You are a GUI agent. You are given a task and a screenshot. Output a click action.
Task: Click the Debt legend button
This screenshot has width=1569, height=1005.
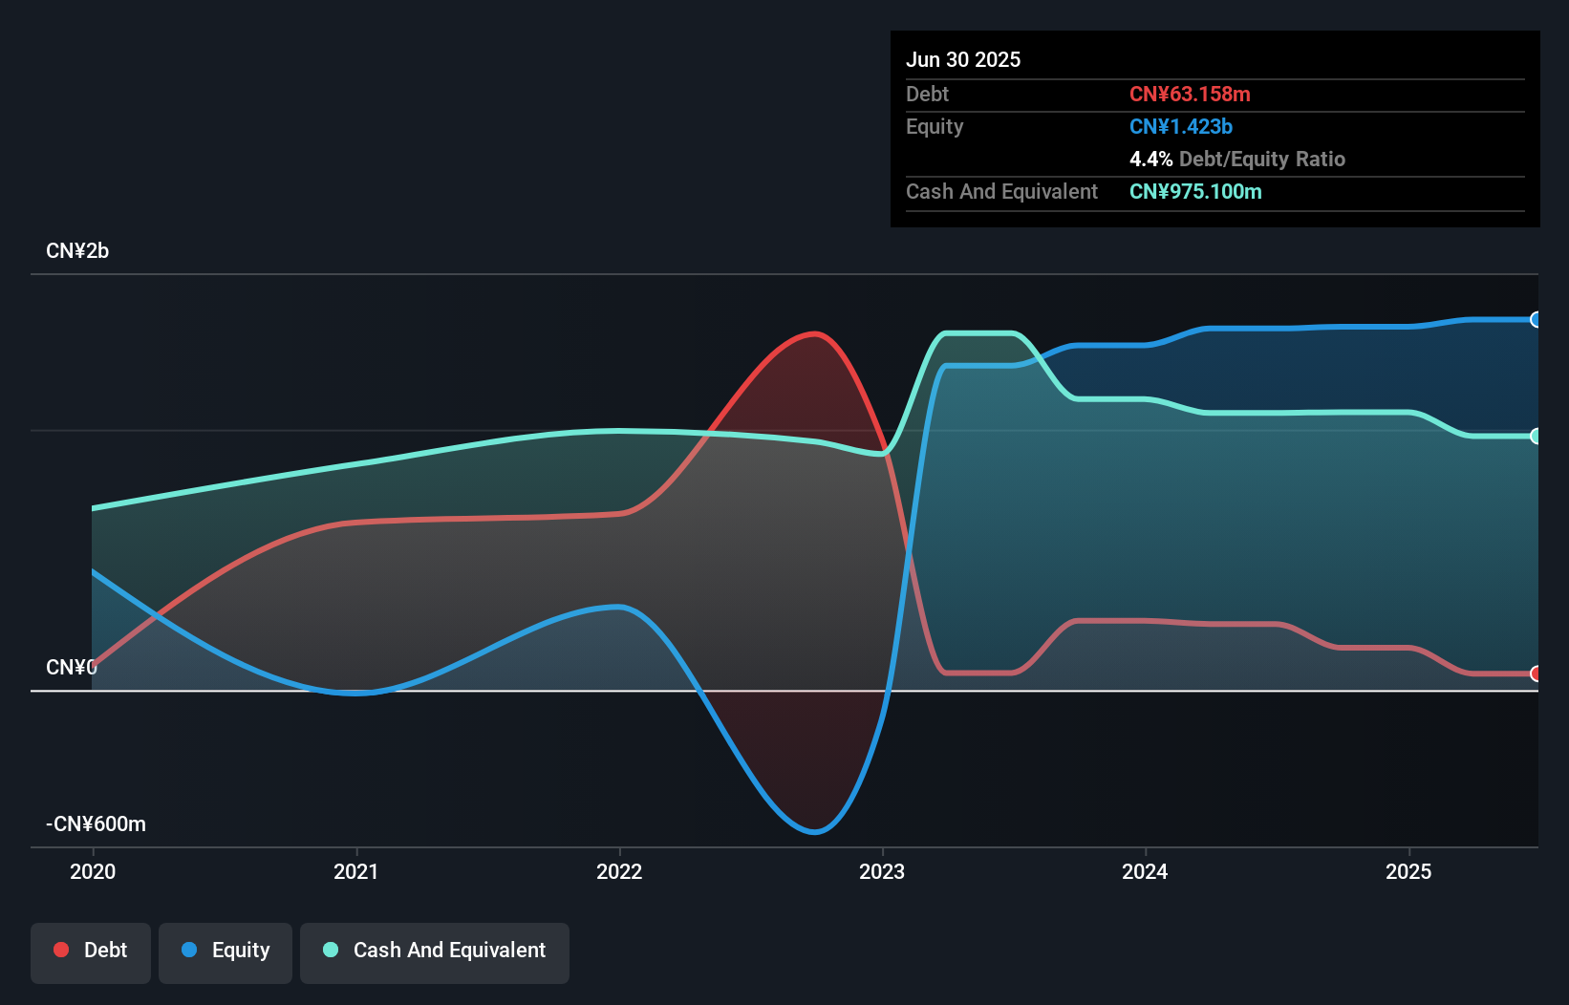coord(91,951)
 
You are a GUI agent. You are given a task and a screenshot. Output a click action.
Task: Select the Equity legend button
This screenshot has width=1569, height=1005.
coord(226,951)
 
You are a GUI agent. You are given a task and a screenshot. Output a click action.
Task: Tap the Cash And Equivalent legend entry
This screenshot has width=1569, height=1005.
coord(435,951)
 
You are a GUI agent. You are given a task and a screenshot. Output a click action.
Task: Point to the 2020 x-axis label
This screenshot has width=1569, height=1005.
coord(93,871)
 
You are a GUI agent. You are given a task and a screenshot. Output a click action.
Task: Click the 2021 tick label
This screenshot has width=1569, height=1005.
coord(355,871)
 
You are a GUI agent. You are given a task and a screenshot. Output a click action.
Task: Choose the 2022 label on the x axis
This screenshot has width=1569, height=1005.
coord(619,871)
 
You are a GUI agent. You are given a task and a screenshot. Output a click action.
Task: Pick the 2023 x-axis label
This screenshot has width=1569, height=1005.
coord(882,871)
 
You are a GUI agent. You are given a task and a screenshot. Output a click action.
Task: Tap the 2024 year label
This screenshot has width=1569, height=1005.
coord(1145,871)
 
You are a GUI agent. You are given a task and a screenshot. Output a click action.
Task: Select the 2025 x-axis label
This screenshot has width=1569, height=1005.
coord(1408,871)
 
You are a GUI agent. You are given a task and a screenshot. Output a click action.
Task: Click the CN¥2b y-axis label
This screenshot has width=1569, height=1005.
coord(77,251)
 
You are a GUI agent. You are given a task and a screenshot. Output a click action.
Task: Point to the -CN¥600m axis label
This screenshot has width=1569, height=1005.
coord(97,824)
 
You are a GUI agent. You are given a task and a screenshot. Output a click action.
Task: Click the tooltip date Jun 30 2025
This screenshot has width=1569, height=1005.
coord(963,60)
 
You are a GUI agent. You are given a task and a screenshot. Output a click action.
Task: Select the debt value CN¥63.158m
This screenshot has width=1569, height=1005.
coord(1190,95)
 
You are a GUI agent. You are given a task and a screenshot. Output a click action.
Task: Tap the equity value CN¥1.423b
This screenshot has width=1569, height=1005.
coord(1181,127)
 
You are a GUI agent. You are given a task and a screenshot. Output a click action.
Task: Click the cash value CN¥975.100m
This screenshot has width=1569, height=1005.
coord(1195,192)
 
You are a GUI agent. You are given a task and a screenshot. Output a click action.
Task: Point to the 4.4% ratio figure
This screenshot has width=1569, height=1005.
coord(1150,160)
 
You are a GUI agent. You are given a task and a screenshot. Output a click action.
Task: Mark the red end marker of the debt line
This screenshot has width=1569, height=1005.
coord(1536,674)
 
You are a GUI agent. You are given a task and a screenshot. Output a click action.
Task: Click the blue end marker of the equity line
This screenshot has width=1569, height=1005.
coord(1536,320)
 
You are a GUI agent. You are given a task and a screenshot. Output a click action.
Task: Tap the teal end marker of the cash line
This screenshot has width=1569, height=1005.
coord(1536,437)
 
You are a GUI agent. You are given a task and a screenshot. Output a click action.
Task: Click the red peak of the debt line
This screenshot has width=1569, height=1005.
coord(814,333)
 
